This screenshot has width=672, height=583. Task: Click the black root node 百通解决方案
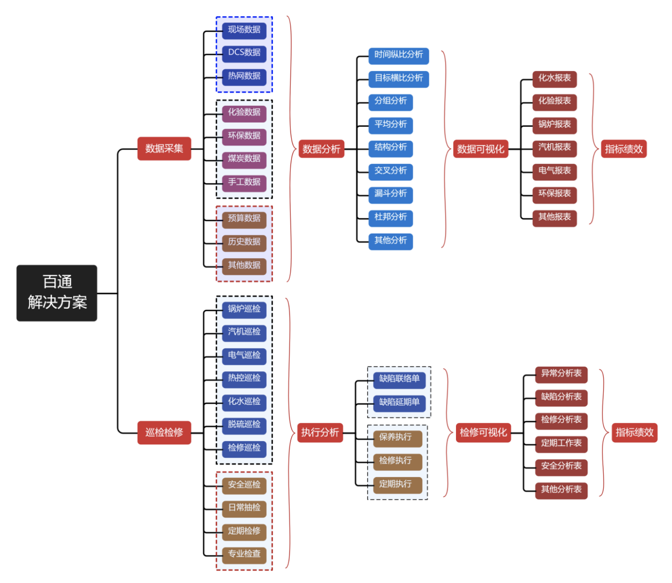click(x=57, y=293)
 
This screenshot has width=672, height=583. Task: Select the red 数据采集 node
click(x=164, y=149)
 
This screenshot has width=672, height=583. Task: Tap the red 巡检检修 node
click(x=164, y=432)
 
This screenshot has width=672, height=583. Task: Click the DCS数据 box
click(x=244, y=53)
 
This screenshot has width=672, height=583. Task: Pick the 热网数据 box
click(x=244, y=76)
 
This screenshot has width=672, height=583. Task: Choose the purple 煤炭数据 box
click(x=244, y=159)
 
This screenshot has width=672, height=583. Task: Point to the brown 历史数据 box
click(x=244, y=242)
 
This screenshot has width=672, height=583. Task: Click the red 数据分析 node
click(x=321, y=149)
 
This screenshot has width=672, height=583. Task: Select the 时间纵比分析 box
click(x=399, y=55)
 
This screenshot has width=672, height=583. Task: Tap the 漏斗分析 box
click(x=390, y=194)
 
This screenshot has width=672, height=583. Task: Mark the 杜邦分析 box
click(x=390, y=217)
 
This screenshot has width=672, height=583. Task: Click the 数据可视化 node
click(x=481, y=149)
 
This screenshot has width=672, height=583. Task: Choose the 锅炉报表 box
click(x=554, y=125)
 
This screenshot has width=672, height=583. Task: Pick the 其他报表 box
click(x=554, y=217)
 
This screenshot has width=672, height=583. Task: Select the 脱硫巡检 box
click(x=244, y=424)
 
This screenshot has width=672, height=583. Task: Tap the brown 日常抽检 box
click(x=244, y=508)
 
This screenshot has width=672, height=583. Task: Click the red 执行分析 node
click(x=320, y=432)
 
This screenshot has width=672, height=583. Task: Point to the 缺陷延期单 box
click(x=399, y=403)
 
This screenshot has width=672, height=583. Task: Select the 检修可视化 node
click(x=483, y=432)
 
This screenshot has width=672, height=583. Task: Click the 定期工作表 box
click(x=561, y=443)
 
